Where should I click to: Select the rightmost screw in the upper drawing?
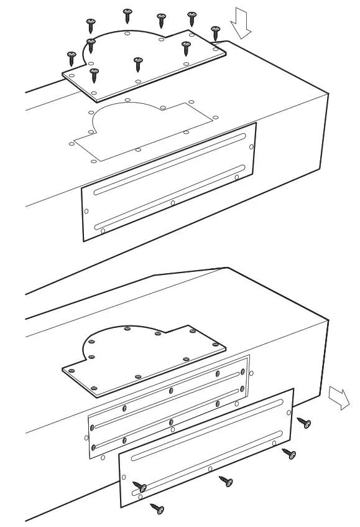tap(216, 32)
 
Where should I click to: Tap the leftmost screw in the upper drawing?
tap(71, 58)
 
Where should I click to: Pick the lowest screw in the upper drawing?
tap(94, 76)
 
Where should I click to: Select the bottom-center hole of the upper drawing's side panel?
tap(172, 203)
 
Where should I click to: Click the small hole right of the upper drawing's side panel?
tap(251, 147)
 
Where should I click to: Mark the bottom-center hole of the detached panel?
tap(210, 469)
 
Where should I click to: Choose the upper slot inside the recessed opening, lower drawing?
tap(168, 399)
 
